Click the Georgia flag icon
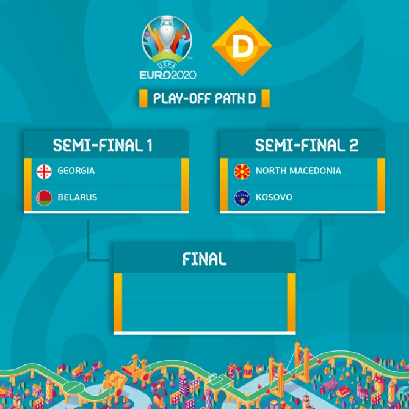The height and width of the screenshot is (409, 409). pyautogui.click(x=44, y=172)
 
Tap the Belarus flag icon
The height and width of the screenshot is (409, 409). pyautogui.click(x=44, y=198)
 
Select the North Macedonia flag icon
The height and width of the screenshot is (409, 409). pyautogui.click(x=242, y=172)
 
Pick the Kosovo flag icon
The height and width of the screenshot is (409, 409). pyautogui.click(x=242, y=198)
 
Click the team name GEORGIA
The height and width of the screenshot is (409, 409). pyautogui.click(x=76, y=171)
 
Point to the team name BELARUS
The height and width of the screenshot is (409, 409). pyautogui.click(x=77, y=197)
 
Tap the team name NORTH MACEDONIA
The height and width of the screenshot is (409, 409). pyautogui.click(x=299, y=171)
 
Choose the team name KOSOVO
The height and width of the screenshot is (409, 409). pyautogui.click(x=274, y=197)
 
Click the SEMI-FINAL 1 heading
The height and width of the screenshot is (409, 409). pyautogui.click(x=103, y=145)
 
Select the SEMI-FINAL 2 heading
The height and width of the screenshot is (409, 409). pyautogui.click(x=306, y=145)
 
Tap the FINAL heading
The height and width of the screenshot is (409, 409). pyautogui.click(x=204, y=259)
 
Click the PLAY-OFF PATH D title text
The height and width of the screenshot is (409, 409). pyautogui.click(x=204, y=98)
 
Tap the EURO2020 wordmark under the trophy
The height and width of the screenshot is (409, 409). pyautogui.click(x=168, y=75)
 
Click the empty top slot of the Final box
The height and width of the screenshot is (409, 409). pyautogui.click(x=204, y=288)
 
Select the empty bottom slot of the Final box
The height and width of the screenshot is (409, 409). pyautogui.click(x=204, y=317)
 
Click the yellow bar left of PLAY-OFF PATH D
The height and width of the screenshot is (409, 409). pyautogui.click(x=143, y=98)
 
